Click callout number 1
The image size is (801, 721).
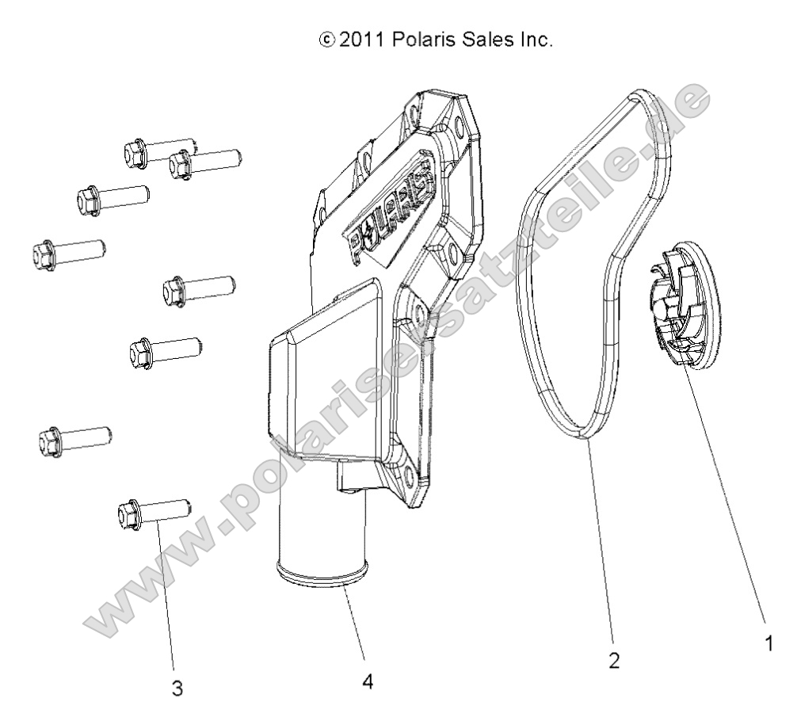(767, 644)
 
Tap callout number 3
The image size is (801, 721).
(177, 688)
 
